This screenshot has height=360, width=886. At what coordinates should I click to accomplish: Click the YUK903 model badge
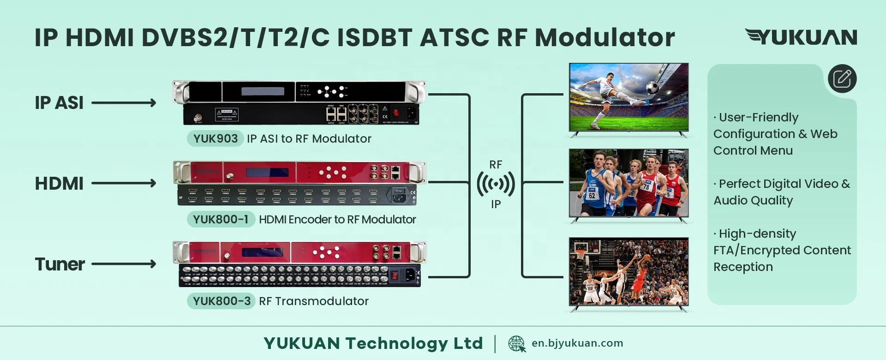tap(215, 138)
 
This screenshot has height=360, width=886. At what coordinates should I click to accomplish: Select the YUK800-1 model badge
tap(221, 219)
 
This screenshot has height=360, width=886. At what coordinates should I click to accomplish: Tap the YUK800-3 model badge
tap(221, 301)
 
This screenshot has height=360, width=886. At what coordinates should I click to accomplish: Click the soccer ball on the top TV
tap(652, 87)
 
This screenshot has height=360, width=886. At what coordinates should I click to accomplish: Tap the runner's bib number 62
tap(592, 195)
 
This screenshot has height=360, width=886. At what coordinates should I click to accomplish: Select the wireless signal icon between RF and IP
tap(496, 184)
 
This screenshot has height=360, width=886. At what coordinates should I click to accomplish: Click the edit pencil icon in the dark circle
tap(842, 78)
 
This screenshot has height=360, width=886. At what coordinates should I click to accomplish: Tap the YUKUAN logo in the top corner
tap(801, 37)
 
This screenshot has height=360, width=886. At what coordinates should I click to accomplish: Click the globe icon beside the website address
tap(516, 344)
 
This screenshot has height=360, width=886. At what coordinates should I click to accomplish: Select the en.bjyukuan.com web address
tap(577, 343)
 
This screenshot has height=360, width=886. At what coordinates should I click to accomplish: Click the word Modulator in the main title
tap(605, 37)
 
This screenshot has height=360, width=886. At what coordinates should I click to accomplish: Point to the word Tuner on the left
tap(60, 264)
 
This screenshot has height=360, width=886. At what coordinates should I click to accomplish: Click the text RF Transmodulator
tap(314, 301)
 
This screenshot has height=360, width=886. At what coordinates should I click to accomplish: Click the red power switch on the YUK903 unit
tap(395, 112)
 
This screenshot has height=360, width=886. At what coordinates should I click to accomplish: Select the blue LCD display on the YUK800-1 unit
tap(267, 173)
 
